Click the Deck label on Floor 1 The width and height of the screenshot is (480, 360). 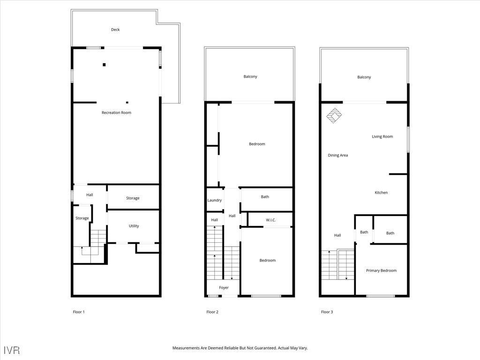tap(115, 30)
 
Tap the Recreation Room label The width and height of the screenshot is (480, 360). tap(116, 112)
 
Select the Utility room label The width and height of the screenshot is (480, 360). tap(134, 226)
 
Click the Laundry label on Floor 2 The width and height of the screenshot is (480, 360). tap(214, 200)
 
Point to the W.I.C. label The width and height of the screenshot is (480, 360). tap(270, 220)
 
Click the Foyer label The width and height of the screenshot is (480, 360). tap(224, 287)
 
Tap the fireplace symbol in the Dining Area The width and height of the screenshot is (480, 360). tap(334, 115)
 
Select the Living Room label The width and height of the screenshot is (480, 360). tap(382, 136)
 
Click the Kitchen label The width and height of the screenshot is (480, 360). tap(381, 193)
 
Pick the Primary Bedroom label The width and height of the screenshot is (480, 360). tap(381, 270)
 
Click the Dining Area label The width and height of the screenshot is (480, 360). tap(337, 155)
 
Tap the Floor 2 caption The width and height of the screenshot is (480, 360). tap(212, 312)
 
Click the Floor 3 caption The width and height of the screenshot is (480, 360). tap(327, 312)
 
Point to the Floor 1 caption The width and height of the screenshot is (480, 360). tap(79, 312)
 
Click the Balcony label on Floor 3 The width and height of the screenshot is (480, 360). tap(364, 77)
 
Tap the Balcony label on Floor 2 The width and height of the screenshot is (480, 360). tap(250, 76)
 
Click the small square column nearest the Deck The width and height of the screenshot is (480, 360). tap(104, 65)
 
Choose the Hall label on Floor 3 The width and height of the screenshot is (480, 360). tap(337, 235)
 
